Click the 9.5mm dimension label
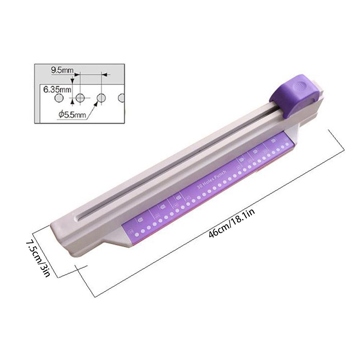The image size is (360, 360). coord(61,70)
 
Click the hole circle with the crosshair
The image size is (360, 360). coord(80,97)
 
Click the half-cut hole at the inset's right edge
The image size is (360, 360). coord(122,97)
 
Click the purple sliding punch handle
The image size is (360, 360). coord(296,95)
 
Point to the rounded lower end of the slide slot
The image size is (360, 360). coord(79,217)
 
